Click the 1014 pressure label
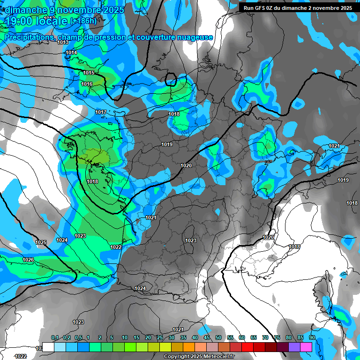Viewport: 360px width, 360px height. [72, 53]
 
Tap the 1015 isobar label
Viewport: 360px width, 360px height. [89, 73]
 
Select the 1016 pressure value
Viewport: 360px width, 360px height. [87, 84]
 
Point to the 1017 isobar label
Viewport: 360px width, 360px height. [101, 112]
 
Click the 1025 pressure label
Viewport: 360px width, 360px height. [41, 242]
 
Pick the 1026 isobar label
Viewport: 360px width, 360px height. [28, 260]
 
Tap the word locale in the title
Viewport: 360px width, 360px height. [52, 21]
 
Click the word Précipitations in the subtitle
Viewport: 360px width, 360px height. [28, 37]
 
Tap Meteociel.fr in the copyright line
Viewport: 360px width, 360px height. [221, 357]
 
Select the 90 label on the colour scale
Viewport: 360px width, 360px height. [312, 337]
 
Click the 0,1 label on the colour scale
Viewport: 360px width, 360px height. [55, 337]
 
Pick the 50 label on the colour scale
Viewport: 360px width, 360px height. [218, 337]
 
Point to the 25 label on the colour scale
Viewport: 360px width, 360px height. [160, 337]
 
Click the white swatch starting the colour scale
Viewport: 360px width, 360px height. [48, 347]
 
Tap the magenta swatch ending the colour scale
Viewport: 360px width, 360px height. [306, 347]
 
